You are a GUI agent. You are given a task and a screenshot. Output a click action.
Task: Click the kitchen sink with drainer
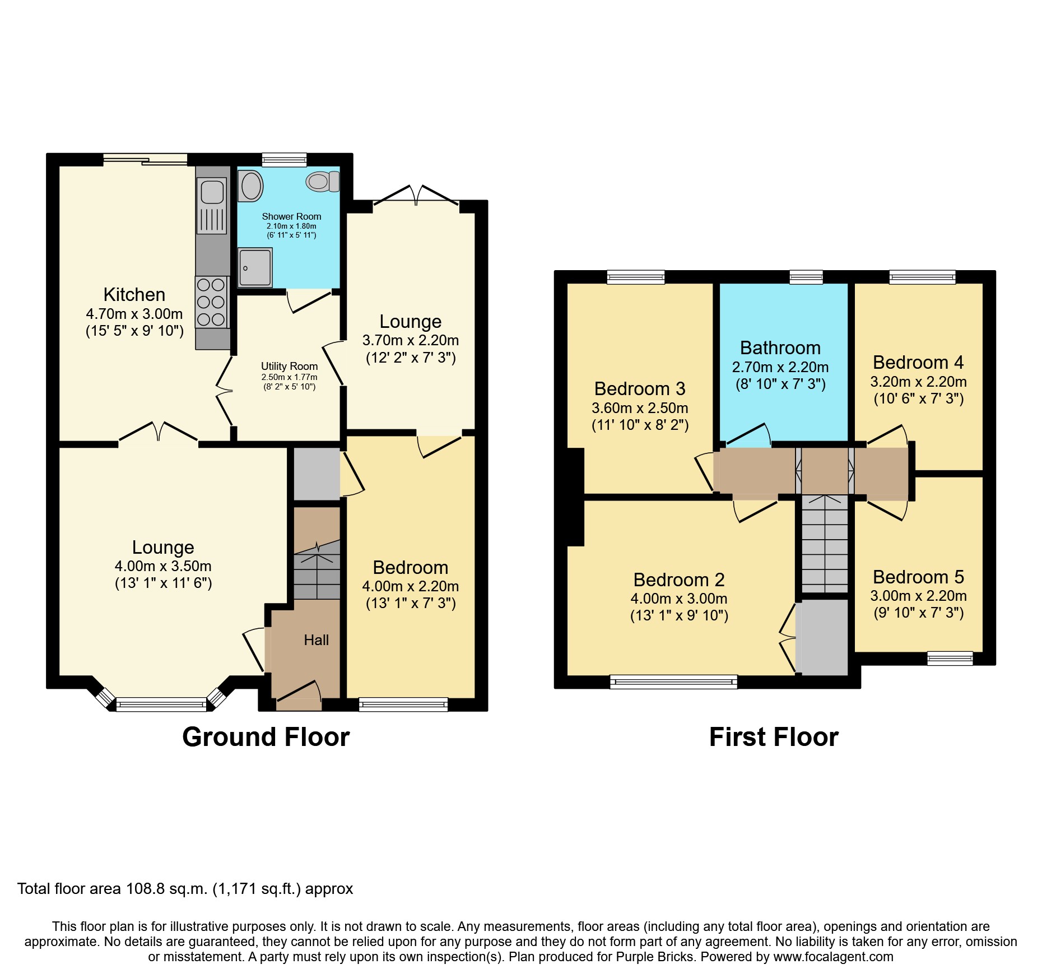pos(212,205)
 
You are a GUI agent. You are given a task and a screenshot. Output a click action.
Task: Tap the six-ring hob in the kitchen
pos(211,302)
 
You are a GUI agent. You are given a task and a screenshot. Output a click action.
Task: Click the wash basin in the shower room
pos(250,186)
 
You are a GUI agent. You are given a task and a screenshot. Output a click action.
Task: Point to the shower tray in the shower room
pos(255,267)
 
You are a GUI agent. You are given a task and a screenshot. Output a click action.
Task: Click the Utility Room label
pos(289,366)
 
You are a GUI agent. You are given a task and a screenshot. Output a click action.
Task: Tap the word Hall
pos(316,640)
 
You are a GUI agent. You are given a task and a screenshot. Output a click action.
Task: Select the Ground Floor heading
pos(266,737)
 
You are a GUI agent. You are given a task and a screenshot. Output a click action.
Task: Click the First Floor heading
pos(773,737)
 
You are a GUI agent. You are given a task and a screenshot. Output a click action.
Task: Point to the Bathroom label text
pos(780,348)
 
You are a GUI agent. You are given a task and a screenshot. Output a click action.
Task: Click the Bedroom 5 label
pos(918,577)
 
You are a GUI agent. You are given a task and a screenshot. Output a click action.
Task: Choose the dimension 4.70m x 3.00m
pos(134,314)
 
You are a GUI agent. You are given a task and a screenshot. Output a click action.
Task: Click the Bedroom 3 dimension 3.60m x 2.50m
pos(640,408)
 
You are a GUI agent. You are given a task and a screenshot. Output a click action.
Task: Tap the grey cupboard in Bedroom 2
pos(824,637)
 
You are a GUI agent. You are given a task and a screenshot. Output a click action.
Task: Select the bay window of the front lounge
pos(161,703)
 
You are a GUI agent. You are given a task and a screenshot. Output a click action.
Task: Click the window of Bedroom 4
pos(922,277)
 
